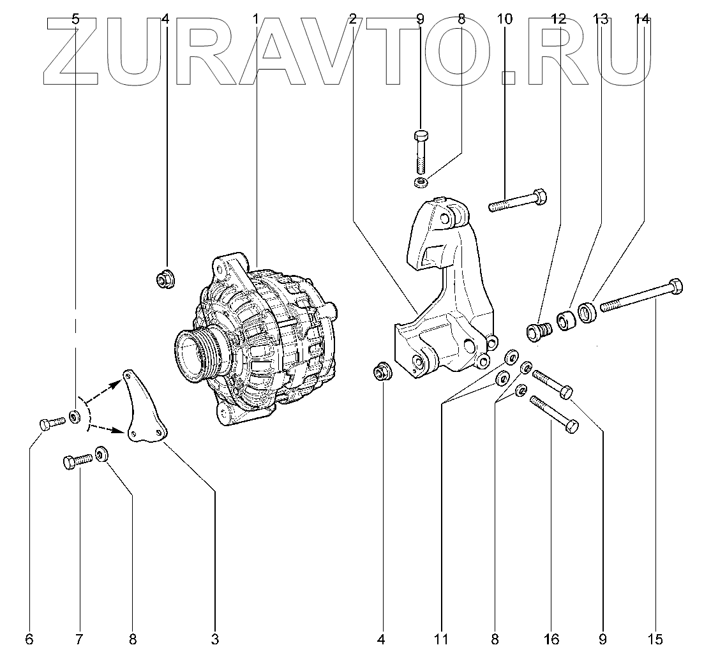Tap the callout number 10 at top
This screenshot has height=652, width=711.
pos(504,19)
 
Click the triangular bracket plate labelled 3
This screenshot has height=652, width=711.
pos(144,409)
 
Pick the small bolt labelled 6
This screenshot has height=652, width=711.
pos(52,423)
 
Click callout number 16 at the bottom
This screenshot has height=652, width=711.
pos(551,639)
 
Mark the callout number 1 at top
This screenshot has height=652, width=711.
pos(255,19)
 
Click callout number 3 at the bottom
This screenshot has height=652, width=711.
pos(214,639)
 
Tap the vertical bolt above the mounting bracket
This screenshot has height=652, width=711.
pos(420,153)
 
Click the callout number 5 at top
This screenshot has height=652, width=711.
pos(75,19)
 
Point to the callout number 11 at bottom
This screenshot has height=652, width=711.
pos(441,639)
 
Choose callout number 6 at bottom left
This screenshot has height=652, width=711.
pos(29,639)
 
